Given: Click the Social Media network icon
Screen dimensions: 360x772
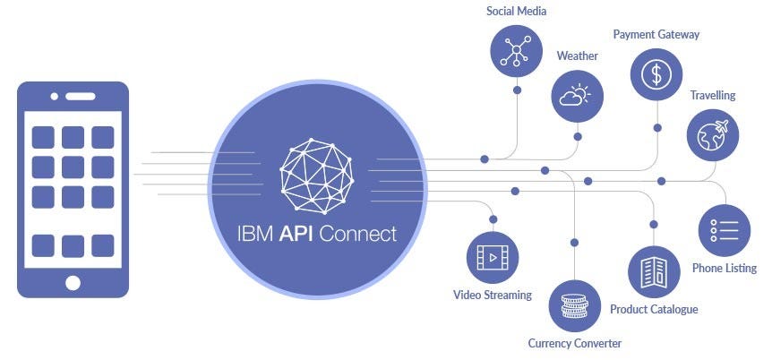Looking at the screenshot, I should pos(517,48).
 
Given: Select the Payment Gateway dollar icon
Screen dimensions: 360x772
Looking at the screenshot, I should pos(656,73).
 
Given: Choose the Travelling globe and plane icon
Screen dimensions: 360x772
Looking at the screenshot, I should pos(714,134).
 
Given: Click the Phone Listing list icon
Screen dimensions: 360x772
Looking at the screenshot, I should pos(725,231).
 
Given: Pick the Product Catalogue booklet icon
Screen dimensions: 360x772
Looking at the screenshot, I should pos(654,271).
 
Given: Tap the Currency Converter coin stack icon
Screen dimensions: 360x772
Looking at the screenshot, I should pos(574,305).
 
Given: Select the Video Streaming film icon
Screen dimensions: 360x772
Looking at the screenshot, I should pos(493,257).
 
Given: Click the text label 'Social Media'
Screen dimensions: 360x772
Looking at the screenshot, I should pos(516,12).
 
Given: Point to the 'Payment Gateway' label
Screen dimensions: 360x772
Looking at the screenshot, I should pos(656,34).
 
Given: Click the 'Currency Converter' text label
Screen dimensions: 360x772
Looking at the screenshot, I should pos(574,343).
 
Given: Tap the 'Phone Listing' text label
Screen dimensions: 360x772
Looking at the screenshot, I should pos(725,268).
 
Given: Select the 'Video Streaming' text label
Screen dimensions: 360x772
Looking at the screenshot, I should pos(493,295).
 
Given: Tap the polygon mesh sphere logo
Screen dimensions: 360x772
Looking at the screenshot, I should pos(316,170).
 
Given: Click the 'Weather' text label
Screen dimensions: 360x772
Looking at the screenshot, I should pos(578,56).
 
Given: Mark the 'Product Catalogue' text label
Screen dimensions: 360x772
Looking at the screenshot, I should pos(654,309).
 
